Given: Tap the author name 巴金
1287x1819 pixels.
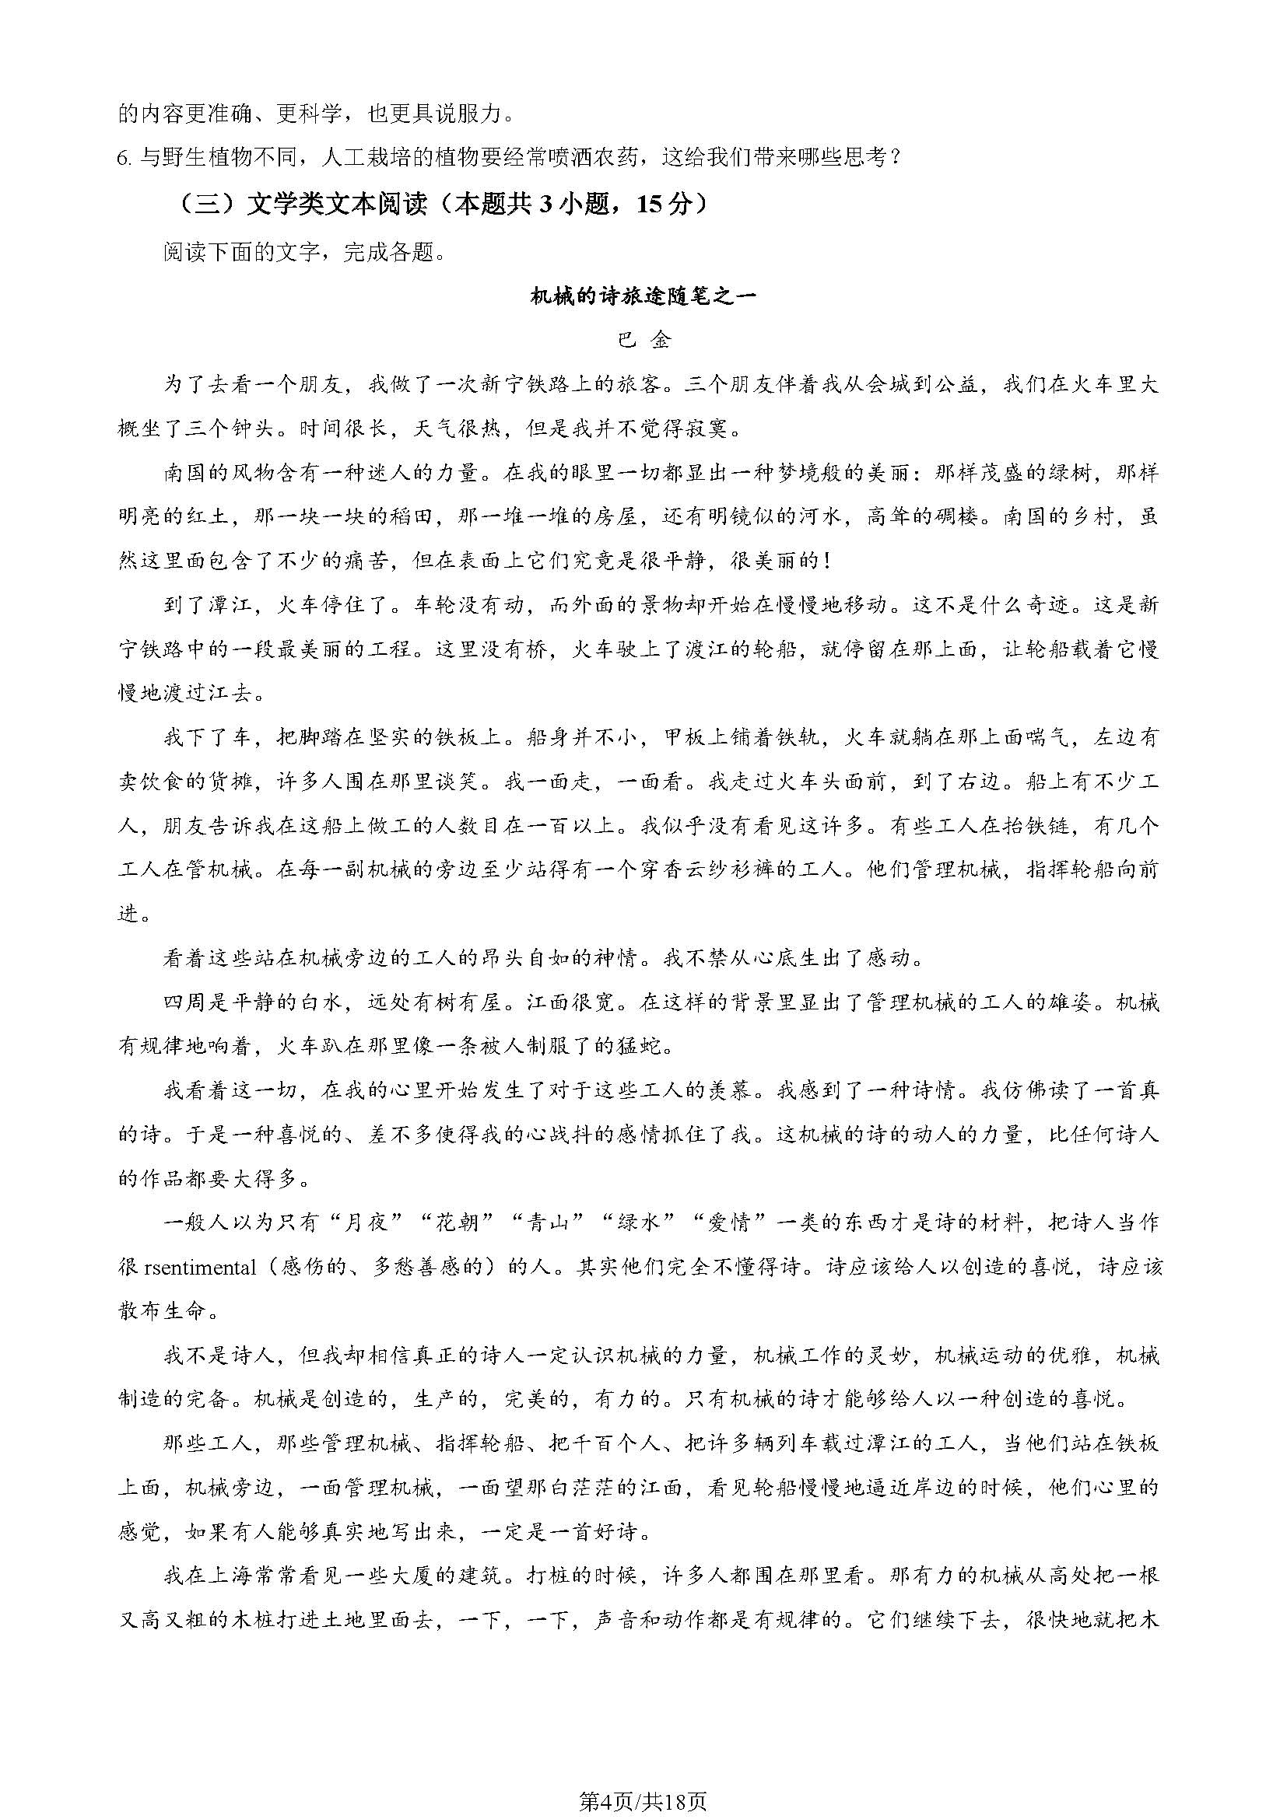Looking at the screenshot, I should click(643, 341).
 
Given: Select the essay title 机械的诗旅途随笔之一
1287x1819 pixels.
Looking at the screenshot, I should click(643, 296).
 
